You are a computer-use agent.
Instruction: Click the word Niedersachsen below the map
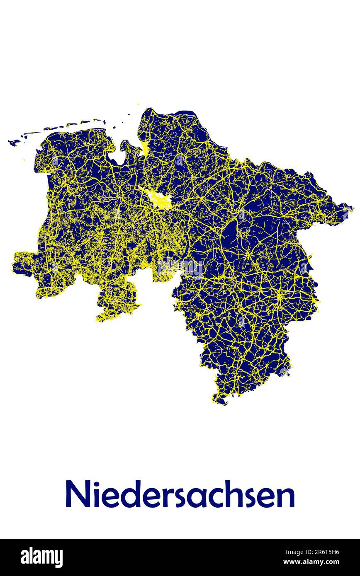tap(180, 494)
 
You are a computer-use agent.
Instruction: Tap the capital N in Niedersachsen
tap(76, 494)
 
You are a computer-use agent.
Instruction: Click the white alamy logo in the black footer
tap(41, 557)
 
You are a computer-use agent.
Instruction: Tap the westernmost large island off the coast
tap(14, 143)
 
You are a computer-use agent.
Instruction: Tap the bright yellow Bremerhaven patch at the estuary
tap(145, 147)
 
